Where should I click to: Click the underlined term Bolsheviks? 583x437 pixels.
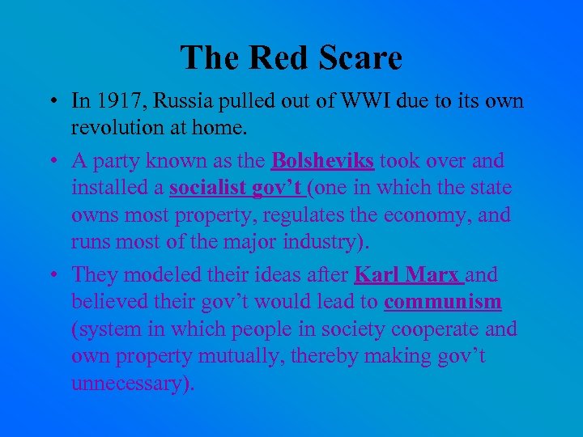[322, 160]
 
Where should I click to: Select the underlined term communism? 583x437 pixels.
[443, 303]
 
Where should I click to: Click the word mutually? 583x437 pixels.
[253, 357]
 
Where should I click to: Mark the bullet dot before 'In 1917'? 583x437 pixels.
[53, 102]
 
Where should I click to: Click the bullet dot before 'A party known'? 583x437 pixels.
[53, 160]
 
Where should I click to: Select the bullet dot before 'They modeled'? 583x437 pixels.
[53, 275]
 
